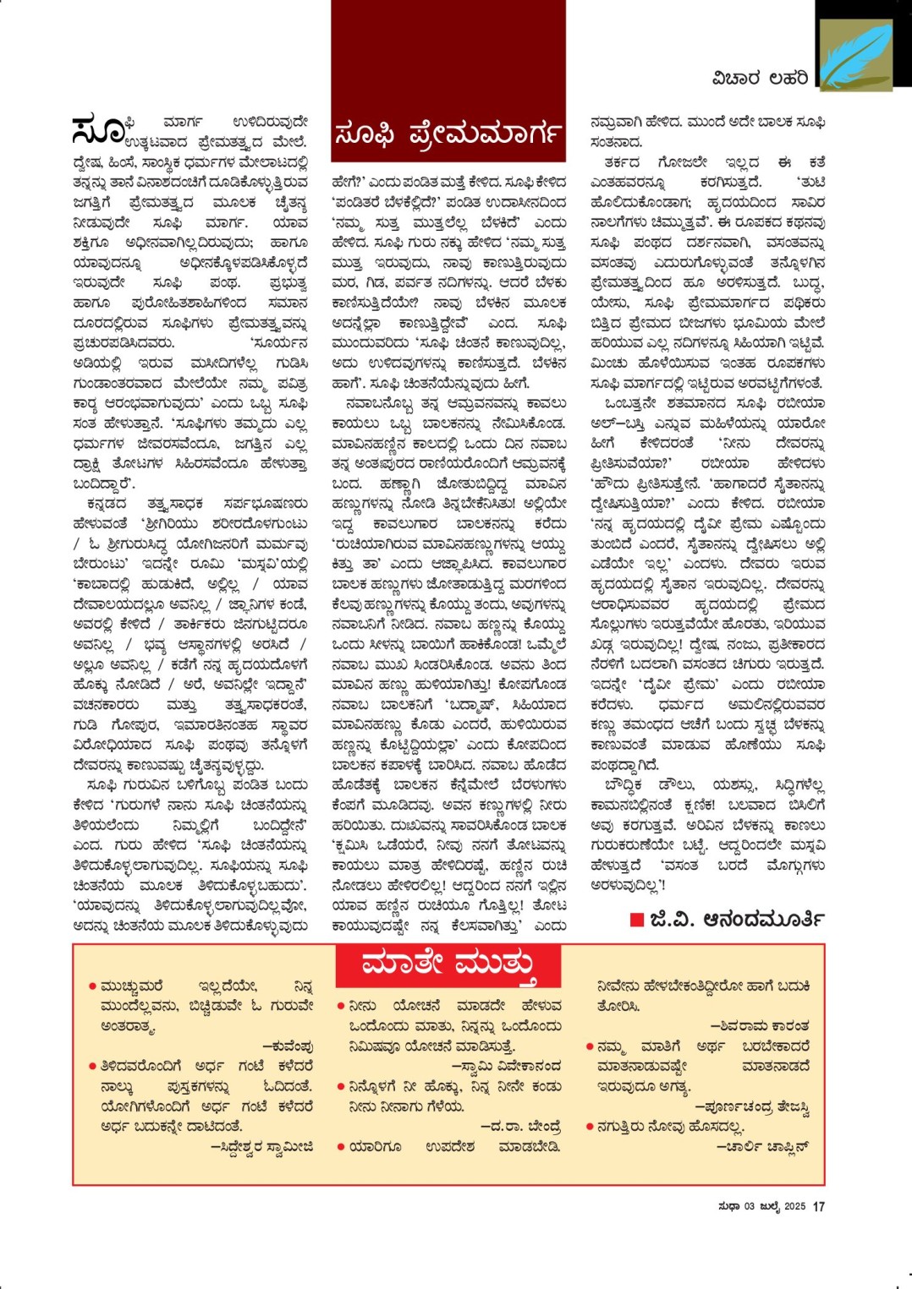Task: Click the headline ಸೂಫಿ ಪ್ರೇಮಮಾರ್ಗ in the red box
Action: [x=448, y=134]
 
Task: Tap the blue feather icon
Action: [x=855, y=55]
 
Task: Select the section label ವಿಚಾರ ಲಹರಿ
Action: [x=760, y=79]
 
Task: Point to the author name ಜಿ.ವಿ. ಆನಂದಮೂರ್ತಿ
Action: [x=737, y=919]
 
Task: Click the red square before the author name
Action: [x=637, y=920]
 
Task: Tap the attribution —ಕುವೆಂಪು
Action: [x=288, y=1046]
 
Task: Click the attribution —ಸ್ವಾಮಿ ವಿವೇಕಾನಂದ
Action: [x=506, y=1066]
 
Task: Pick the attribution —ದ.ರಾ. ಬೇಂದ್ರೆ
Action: [x=520, y=1126]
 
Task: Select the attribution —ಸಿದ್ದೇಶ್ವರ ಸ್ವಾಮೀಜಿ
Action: [x=261, y=1146]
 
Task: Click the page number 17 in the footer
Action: [x=818, y=1206]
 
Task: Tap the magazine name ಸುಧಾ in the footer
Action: [x=728, y=1206]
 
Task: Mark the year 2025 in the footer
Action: [x=794, y=1206]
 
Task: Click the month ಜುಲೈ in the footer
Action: [x=770, y=1206]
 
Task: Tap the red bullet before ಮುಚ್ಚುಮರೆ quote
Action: [x=91, y=986]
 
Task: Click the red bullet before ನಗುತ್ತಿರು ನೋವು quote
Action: [x=590, y=1126]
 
